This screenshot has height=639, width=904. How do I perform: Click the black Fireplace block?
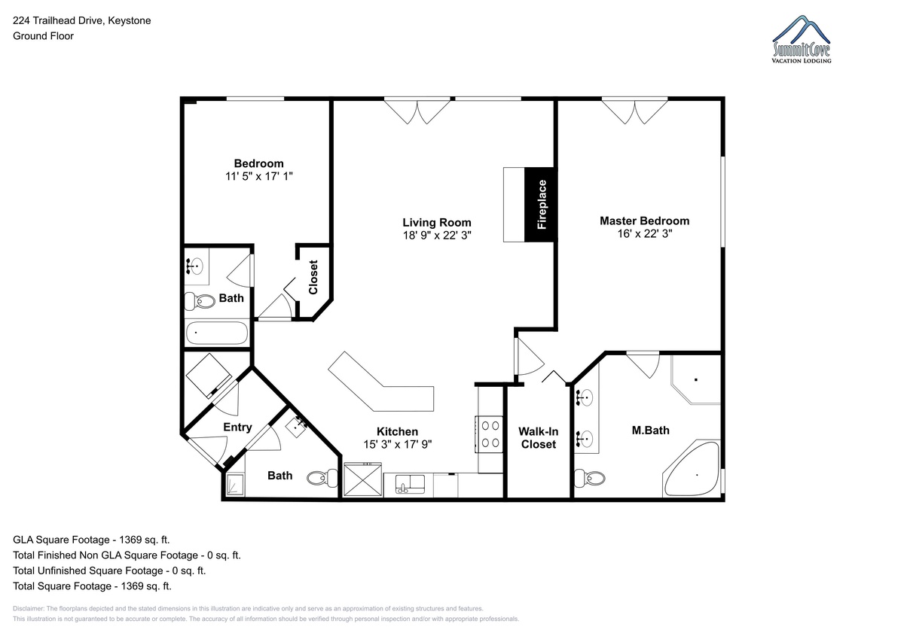point(541,205)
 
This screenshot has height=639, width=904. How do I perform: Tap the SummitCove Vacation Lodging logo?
point(802,39)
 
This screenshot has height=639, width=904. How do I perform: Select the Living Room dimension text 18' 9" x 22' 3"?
point(437,236)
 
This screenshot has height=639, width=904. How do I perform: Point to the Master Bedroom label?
point(645,221)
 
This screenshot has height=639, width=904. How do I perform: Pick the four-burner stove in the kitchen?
point(490,434)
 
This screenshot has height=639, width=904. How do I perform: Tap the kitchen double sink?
point(410,484)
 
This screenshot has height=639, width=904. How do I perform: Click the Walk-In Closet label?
point(539,438)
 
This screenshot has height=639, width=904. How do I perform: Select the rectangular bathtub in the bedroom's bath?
point(217,333)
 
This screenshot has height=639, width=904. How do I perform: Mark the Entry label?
point(238,428)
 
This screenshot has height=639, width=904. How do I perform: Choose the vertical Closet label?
point(313,278)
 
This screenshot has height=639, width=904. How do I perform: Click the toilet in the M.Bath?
point(590,478)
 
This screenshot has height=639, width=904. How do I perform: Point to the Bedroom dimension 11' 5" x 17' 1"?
point(259,177)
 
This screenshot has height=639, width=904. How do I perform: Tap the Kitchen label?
point(398,432)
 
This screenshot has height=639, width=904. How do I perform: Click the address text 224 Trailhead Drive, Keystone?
point(82,20)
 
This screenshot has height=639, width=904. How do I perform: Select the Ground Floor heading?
point(43,36)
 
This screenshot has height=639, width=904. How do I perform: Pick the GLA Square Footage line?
point(91,540)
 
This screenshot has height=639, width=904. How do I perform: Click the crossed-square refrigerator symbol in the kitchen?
point(362,479)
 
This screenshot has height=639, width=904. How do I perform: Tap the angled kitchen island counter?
point(381,382)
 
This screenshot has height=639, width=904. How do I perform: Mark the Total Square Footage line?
point(92,586)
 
